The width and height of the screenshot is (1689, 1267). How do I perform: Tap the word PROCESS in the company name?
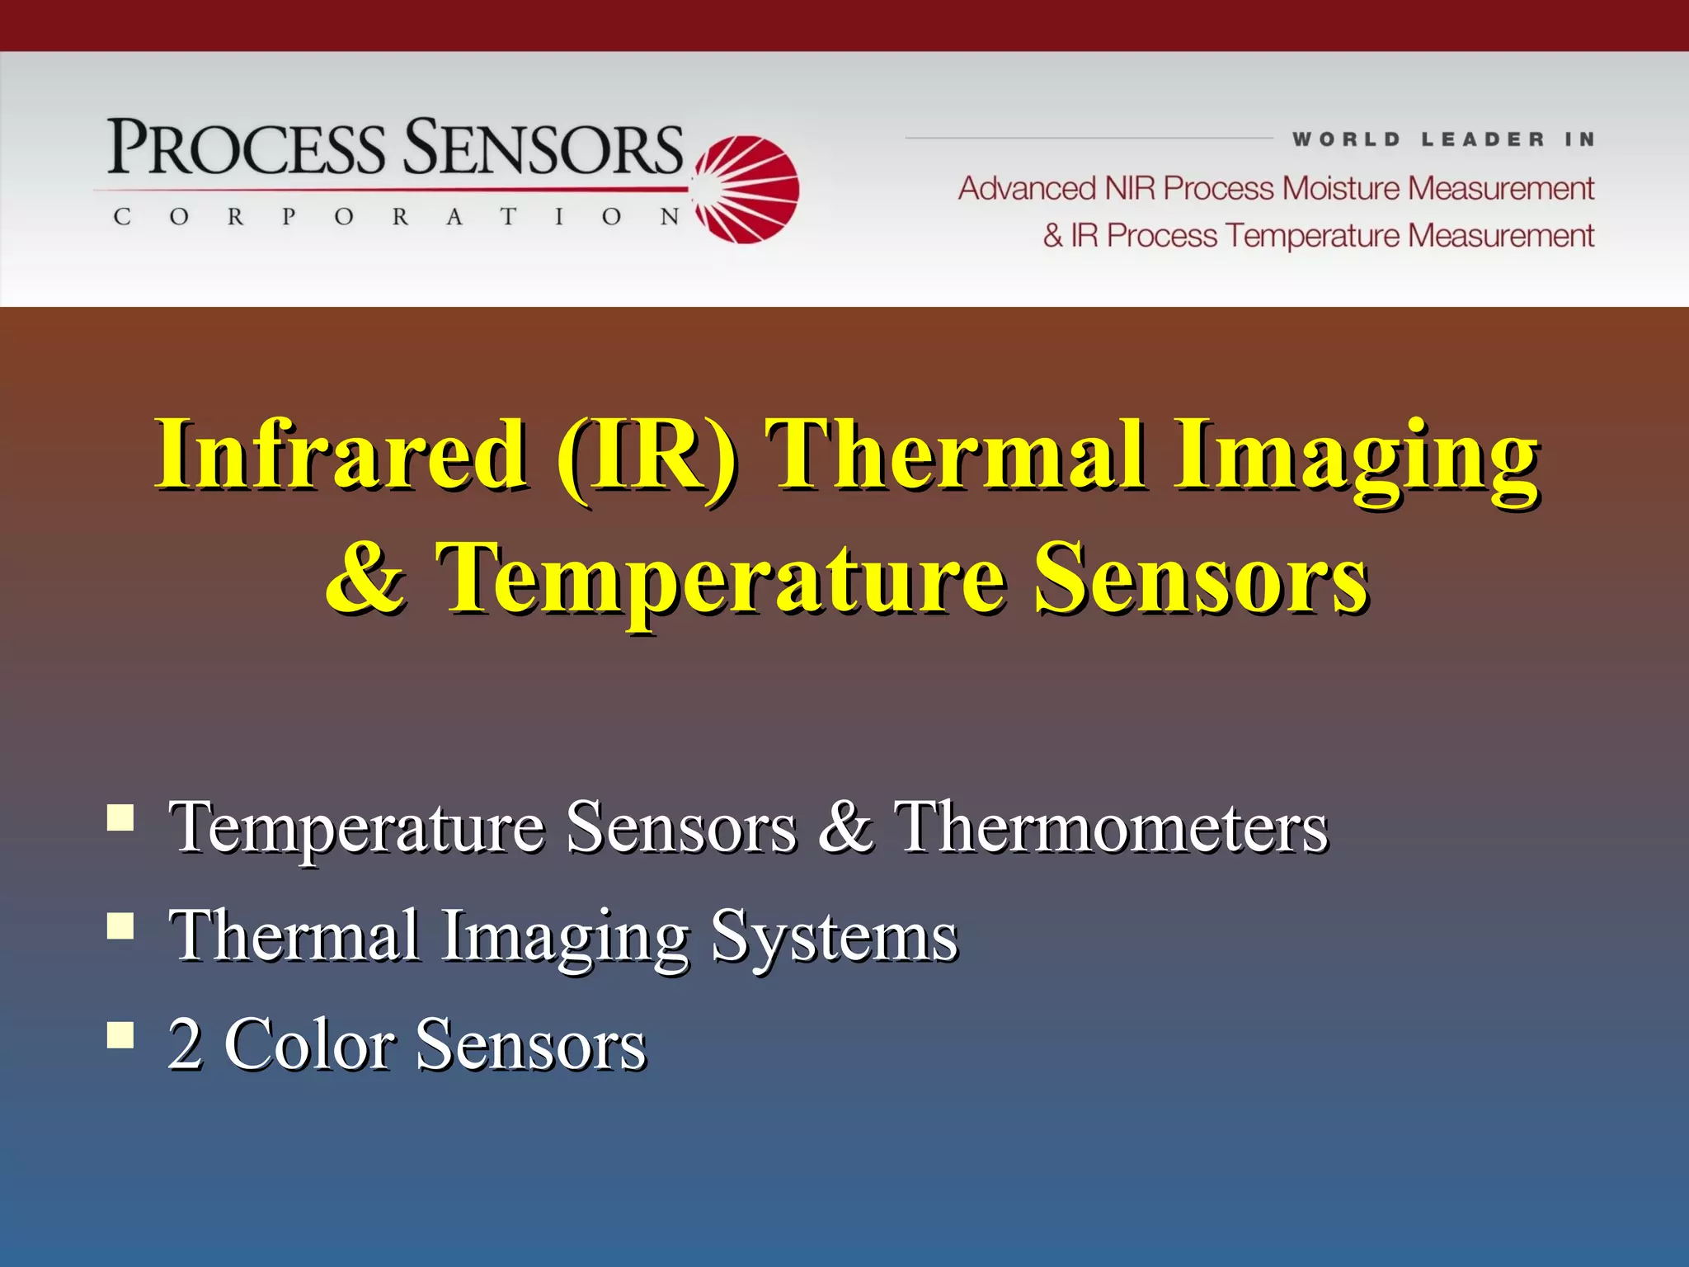point(246,148)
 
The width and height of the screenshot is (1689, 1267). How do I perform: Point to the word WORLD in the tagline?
point(1346,139)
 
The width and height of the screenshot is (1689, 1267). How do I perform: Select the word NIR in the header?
point(1131,189)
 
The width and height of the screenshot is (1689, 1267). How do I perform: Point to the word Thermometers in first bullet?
point(1111,827)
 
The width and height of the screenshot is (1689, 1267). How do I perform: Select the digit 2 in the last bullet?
point(185,1043)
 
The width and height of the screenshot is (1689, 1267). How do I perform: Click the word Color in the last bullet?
point(309,1043)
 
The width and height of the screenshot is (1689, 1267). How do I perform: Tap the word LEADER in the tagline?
point(1482,139)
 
